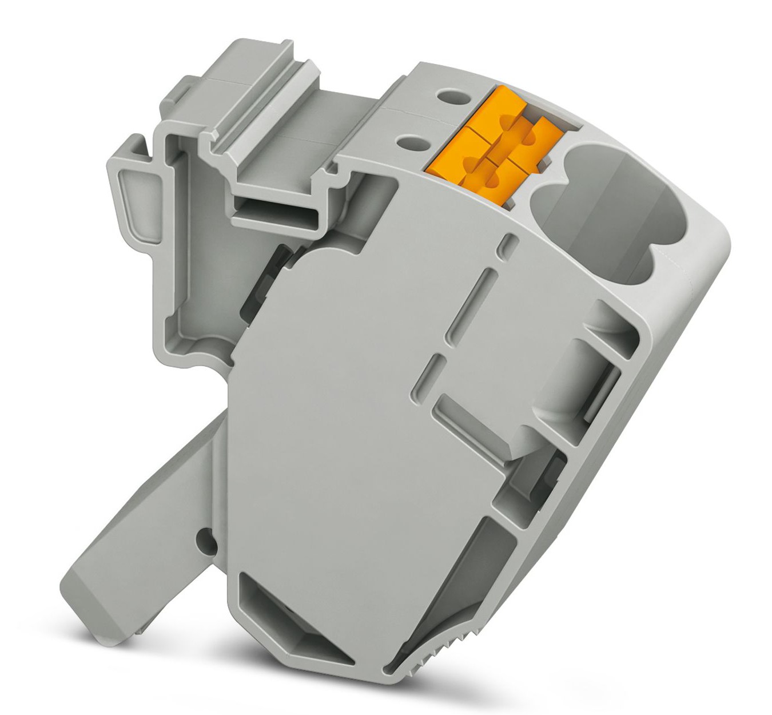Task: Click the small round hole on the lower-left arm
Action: click(x=201, y=538)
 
